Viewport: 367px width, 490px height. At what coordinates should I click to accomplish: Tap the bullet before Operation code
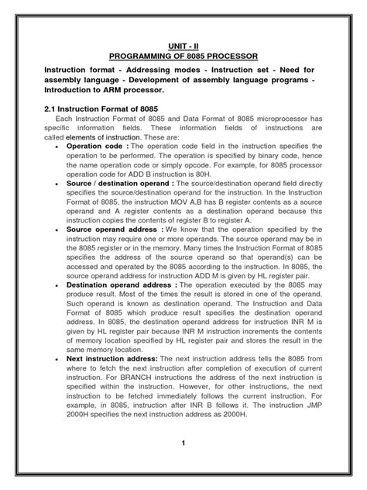point(60,147)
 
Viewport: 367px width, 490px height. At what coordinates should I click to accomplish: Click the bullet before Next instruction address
point(60,358)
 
